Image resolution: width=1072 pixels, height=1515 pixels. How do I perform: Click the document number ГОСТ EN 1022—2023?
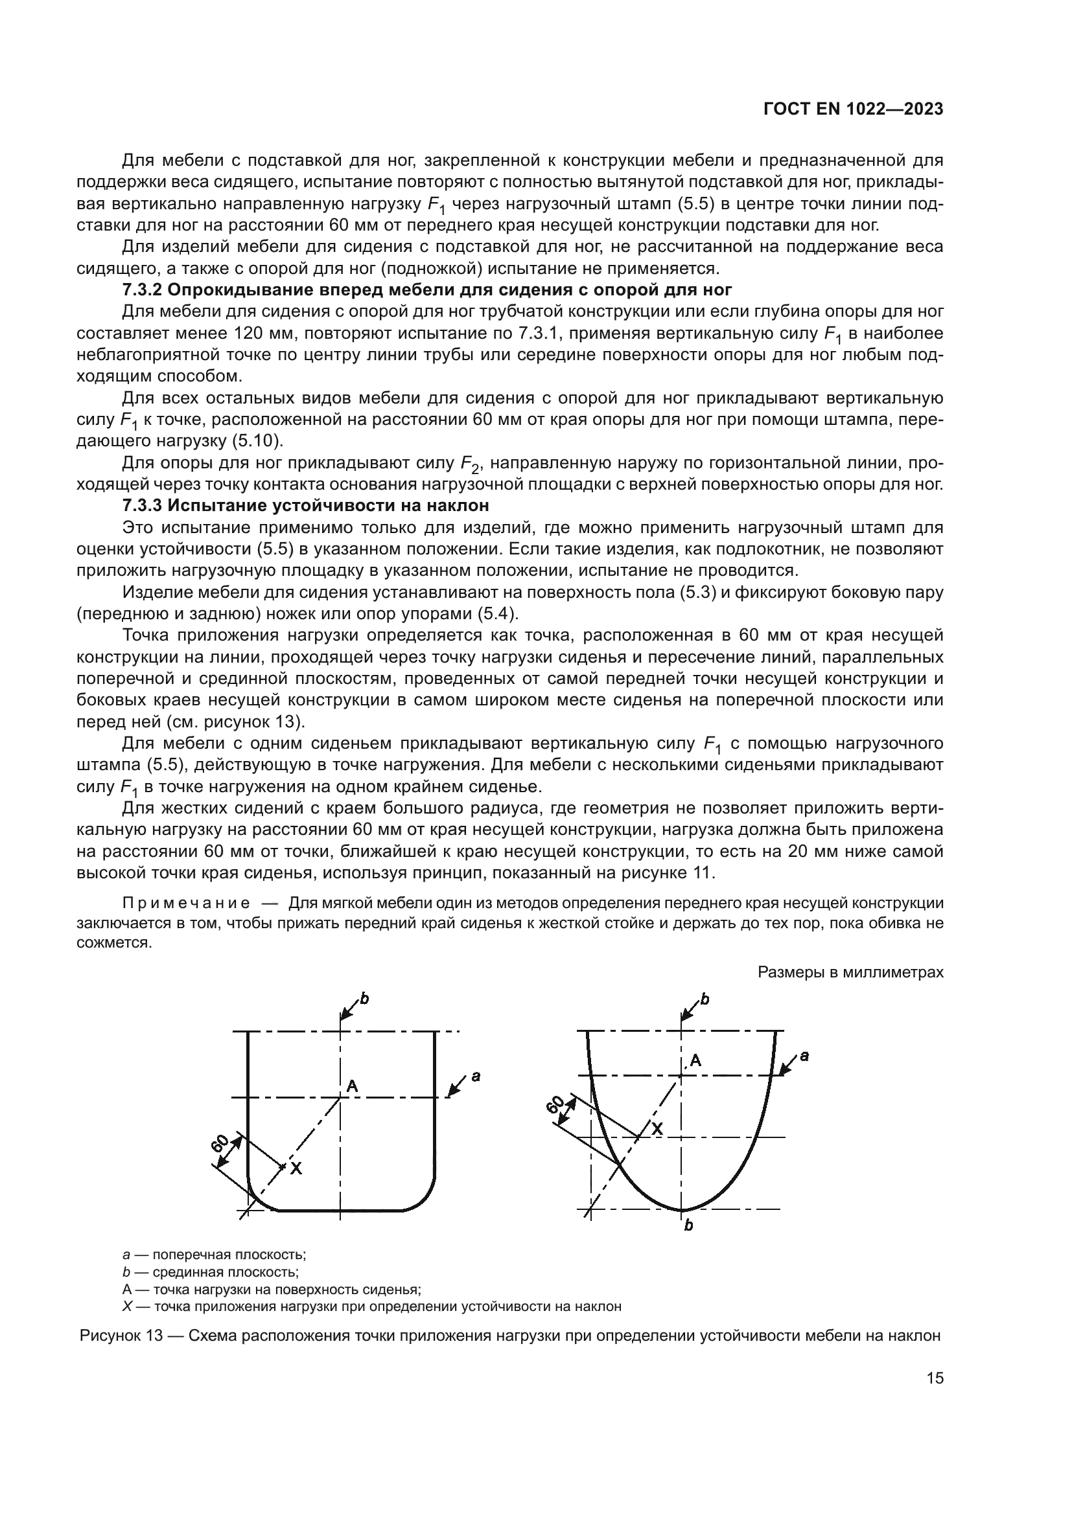(852, 109)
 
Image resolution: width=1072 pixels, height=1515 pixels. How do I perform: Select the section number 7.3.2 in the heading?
(143, 290)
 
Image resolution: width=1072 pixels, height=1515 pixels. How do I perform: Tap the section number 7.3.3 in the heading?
(143, 505)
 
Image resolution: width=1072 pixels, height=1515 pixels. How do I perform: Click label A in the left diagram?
(352, 1085)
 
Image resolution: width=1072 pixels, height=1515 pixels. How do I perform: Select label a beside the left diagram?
(475, 1077)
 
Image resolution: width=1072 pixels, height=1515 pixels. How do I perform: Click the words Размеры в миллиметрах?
(850, 972)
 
